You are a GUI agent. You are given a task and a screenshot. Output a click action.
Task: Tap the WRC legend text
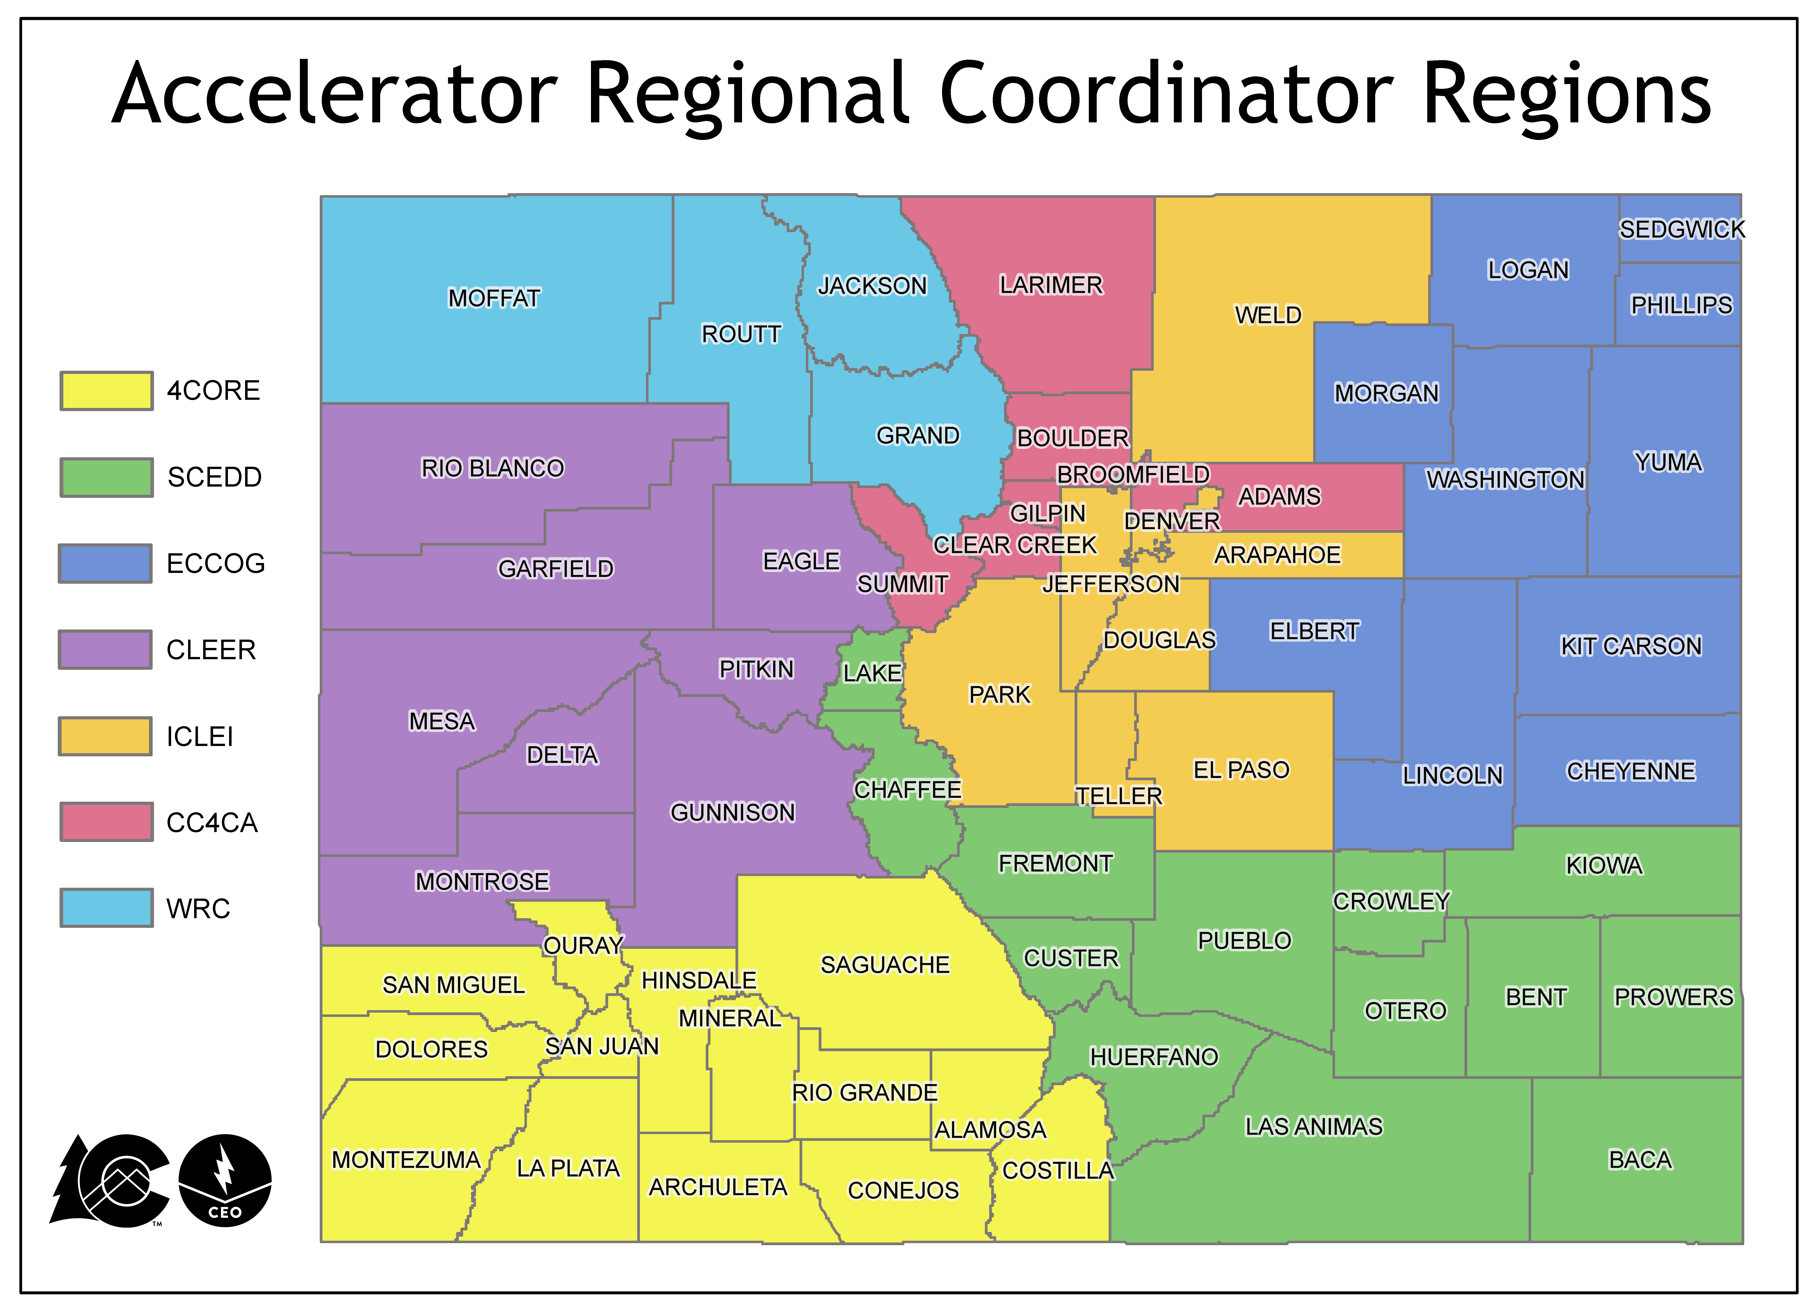pos(198,909)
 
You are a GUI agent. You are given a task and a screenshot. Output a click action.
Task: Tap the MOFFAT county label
pos(494,298)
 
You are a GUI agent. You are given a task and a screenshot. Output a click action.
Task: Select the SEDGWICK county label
pos(1682,230)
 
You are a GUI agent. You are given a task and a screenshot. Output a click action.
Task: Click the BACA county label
pos(1640,1160)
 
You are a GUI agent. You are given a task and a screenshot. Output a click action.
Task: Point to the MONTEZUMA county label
pos(406,1160)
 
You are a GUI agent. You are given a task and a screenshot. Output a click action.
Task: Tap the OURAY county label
pos(583,946)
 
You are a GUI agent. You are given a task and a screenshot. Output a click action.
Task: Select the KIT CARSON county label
pos(1630,646)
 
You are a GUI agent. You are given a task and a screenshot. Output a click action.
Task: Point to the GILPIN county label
pos(1047,513)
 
